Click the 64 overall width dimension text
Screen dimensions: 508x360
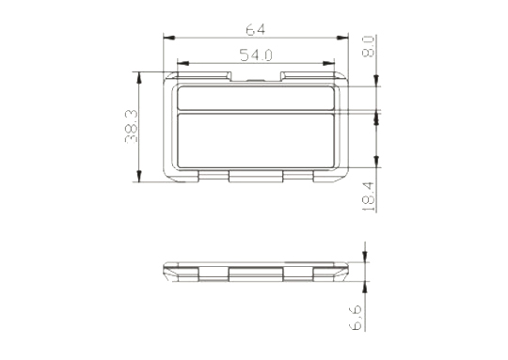(256, 30)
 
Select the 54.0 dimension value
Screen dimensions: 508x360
(256, 55)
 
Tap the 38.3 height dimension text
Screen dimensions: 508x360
(131, 126)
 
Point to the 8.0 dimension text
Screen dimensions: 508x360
(368, 46)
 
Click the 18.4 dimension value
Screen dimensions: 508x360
(368, 196)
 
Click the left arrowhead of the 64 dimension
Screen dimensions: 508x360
(169, 38)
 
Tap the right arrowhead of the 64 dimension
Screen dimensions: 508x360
(342, 38)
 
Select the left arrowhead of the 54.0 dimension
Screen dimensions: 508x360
(183, 63)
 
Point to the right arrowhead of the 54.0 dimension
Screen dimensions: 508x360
(328, 63)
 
